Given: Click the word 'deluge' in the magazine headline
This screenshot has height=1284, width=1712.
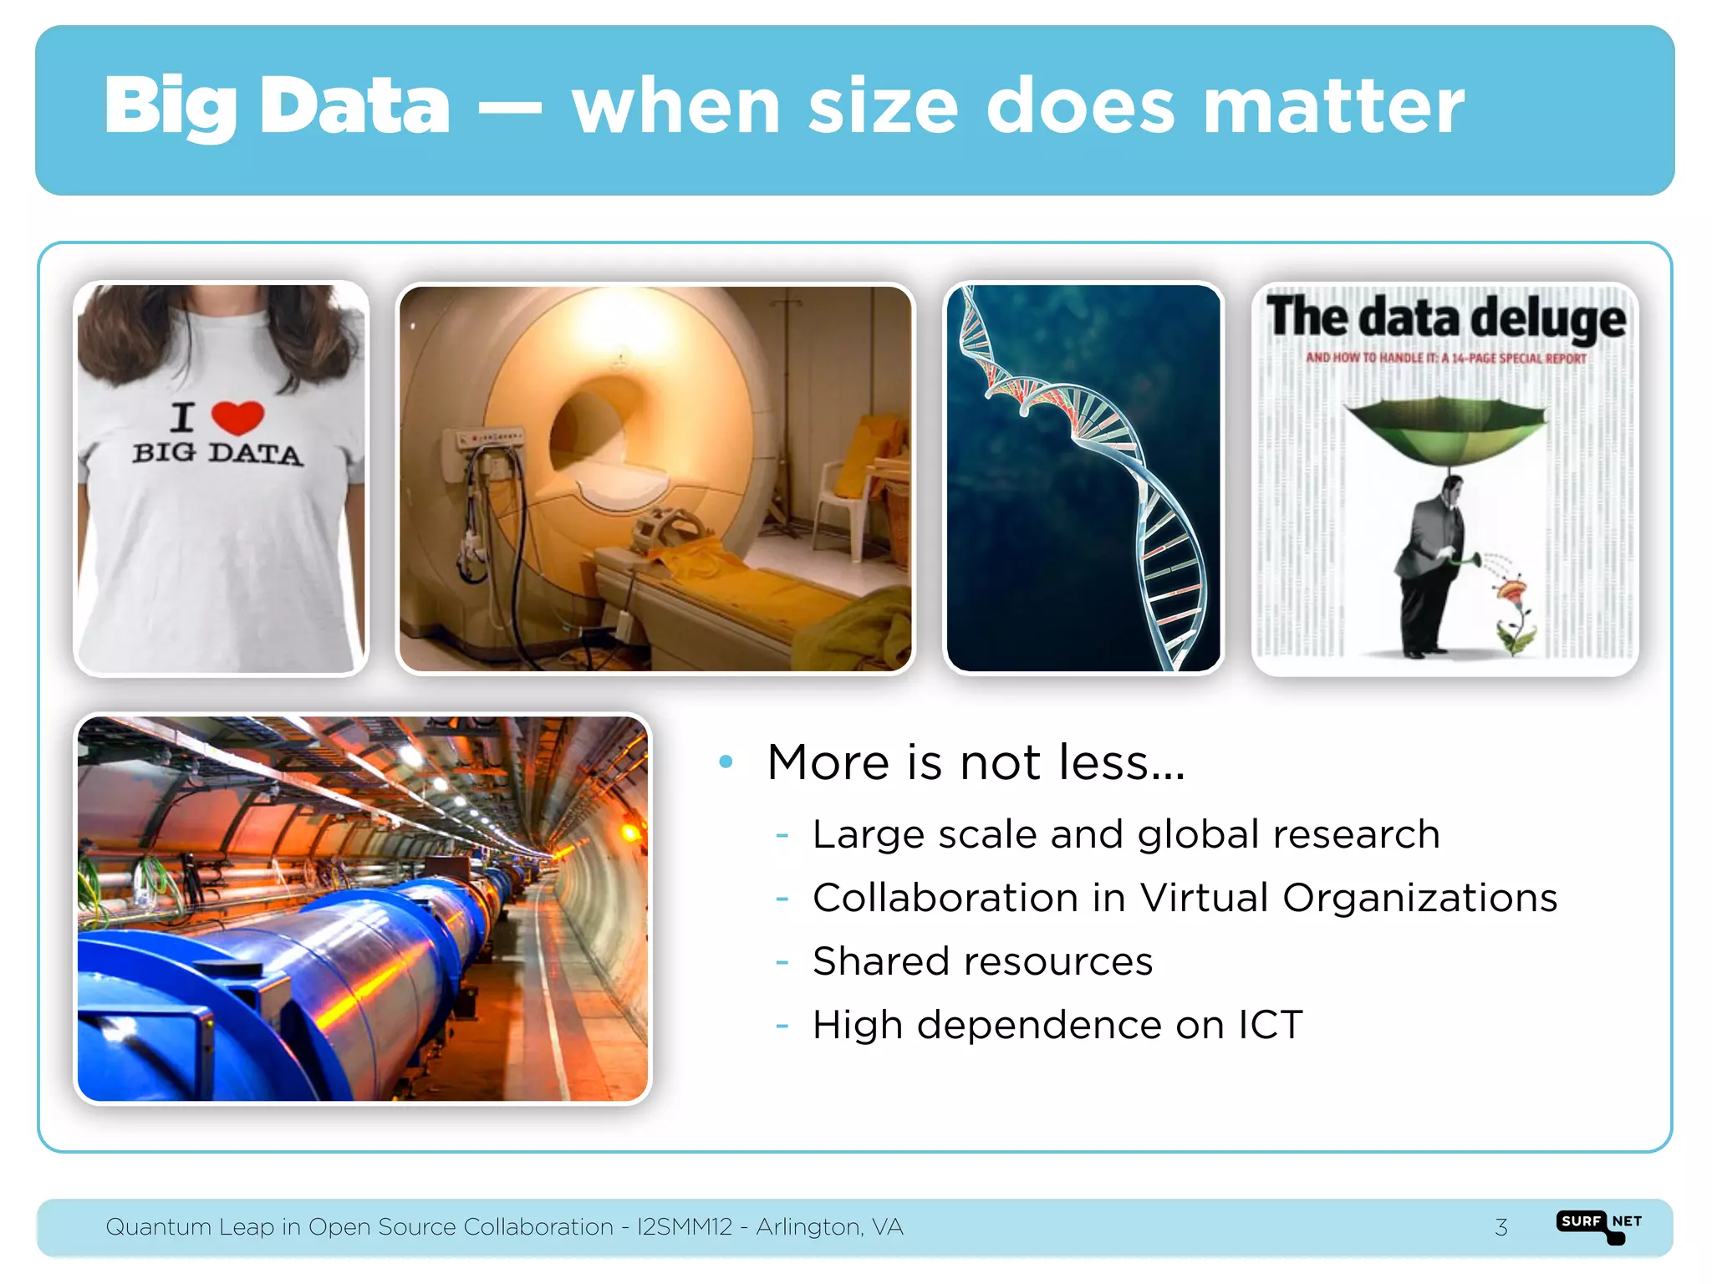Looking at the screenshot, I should (1548, 319).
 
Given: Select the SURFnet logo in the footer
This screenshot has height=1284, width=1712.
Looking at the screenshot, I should (1598, 1225).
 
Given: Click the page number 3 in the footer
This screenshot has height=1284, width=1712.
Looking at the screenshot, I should (1501, 1227).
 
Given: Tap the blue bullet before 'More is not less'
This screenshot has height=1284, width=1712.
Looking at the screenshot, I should (726, 762).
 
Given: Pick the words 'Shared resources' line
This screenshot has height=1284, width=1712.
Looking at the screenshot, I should (982, 961).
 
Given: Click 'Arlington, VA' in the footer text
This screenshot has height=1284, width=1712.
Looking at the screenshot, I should (829, 1227).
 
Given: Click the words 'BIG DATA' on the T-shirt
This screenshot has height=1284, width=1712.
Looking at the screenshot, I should (218, 454).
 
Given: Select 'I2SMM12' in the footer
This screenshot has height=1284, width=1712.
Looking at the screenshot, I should (685, 1227).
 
